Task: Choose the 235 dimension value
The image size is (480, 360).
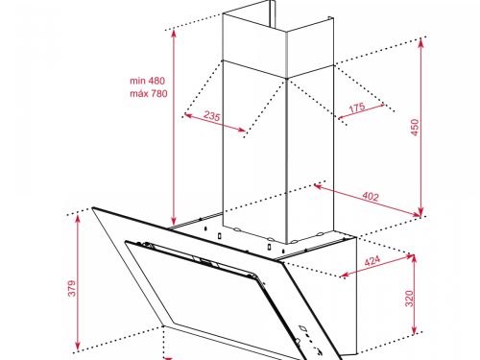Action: click(214, 117)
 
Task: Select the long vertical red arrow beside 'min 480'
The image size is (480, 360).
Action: click(173, 125)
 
